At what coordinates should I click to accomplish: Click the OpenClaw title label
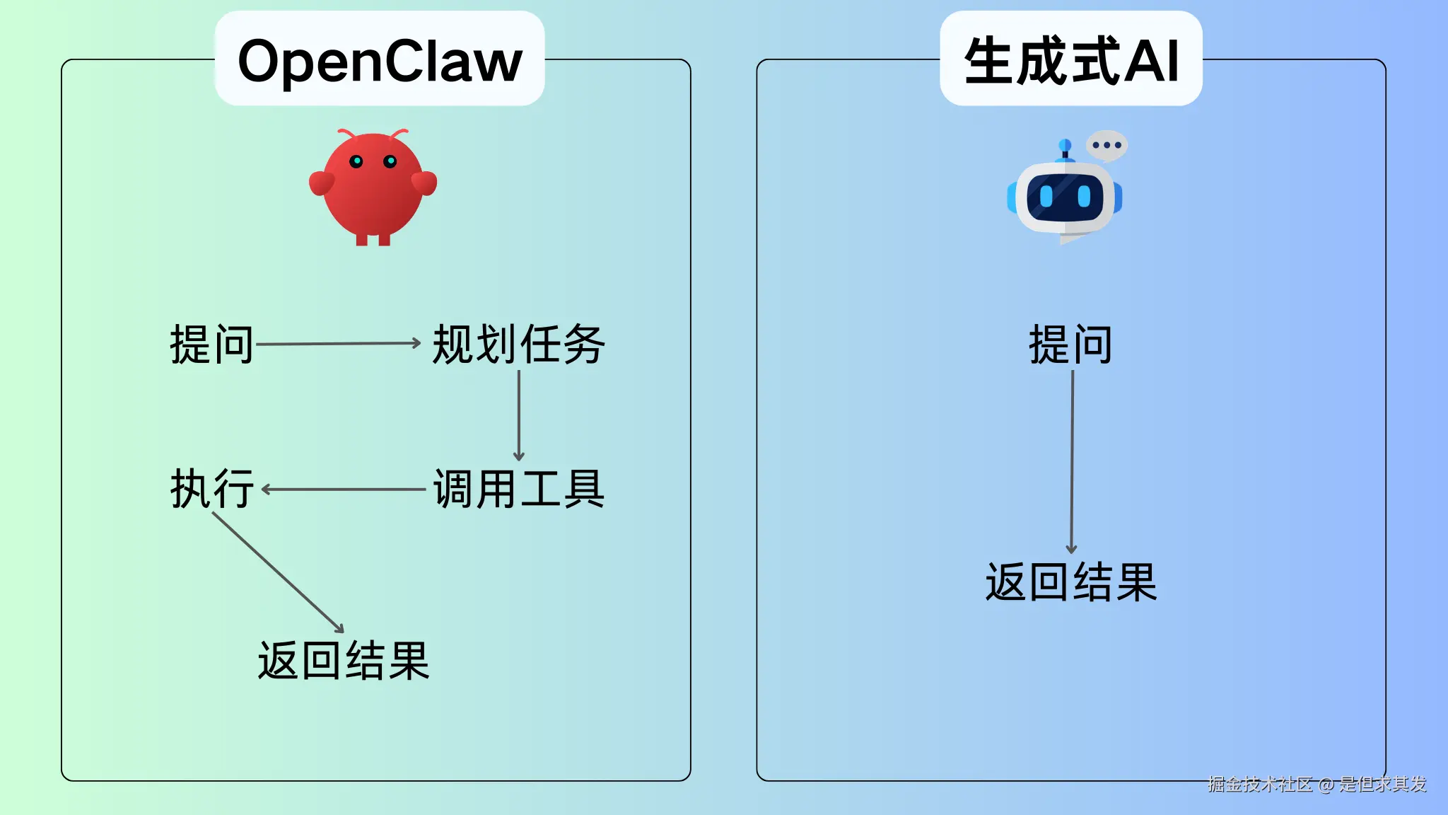[x=380, y=60]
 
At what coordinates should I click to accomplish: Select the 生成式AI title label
[x=1070, y=60]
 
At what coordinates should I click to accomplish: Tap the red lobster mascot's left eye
[x=356, y=161]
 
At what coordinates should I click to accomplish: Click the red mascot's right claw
[x=425, y=182]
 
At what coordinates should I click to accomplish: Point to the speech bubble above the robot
[x=1107, y=145]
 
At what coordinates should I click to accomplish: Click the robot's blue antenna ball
[x=1065, y=145]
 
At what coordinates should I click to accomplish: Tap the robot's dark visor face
[x=1065, y=196]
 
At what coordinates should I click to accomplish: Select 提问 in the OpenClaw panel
[x=211, y=345]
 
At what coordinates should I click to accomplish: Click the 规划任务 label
[x=518, y=345]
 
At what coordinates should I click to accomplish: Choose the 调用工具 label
[x=518, y=489]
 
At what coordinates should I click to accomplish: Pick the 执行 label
[x=211, y=489]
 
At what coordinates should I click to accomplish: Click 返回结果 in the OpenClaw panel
[x=344, y=661]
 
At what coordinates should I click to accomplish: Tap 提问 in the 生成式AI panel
[x=1070, y=345]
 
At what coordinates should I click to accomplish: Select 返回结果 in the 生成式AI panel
[x=1070, y=583]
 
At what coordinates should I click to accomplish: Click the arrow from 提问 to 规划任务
[x=338, y=344]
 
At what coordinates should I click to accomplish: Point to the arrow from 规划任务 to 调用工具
[x=518, y=415]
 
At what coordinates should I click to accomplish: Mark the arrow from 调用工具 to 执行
[x=344, y=489]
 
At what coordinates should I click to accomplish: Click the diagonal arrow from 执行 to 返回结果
[x=278, y=572]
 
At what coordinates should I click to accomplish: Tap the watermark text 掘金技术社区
[x=1260, y=784]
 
